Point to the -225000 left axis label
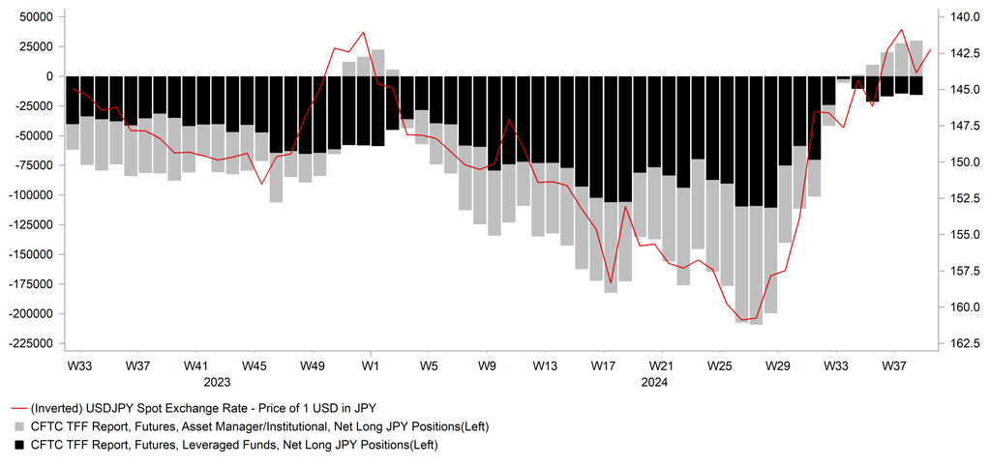(x=30, y=343)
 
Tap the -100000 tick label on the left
(x=30, y=195)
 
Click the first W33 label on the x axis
(x=79, y=366)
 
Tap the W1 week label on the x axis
(x=370, y=366)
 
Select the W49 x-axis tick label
(x=312, y=366)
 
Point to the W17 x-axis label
(x=603, y=366)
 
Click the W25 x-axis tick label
(x=719, y=366)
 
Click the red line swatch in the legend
(x=18, y=410)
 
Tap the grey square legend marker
(x=18, y=426)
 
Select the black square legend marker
(x=18, y=444)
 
